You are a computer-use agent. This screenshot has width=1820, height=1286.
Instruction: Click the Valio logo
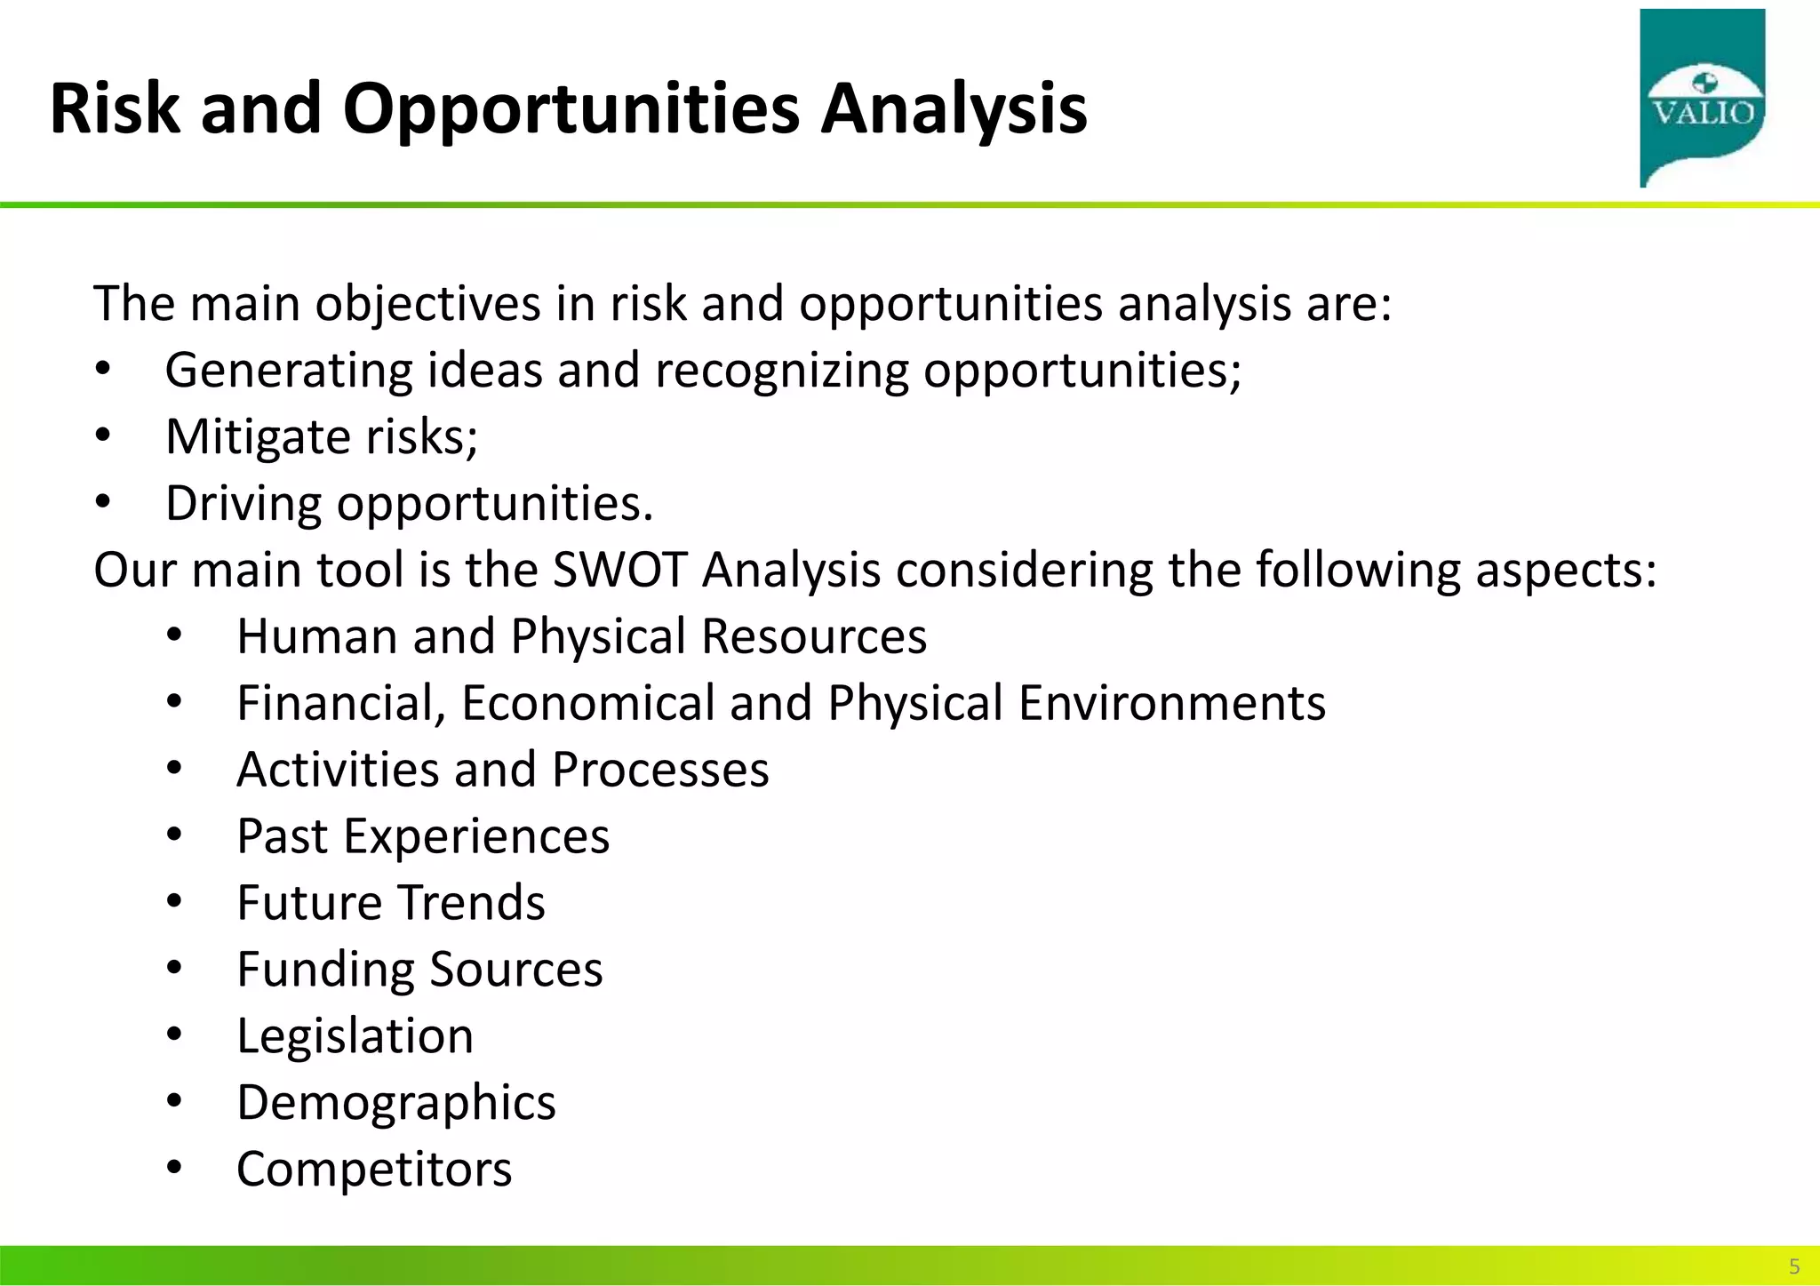pyautogui.click(x=1702, y=98)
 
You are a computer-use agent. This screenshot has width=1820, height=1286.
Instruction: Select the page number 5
pyautogui.click(x=1793, y=1266)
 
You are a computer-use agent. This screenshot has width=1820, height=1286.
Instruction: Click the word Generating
pyautogui.click(x=289, y=371)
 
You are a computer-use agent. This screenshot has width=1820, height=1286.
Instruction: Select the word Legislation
pyautogui.click(x=355, y=1036)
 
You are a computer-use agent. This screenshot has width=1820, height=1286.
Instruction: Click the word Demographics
pyautogui.click(x=396, y=1103)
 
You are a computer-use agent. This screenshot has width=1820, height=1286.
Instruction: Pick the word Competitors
pyautogui.click(x=374, y=1170)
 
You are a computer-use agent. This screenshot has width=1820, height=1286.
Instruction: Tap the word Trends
pyautogui.click(x=471, y=903)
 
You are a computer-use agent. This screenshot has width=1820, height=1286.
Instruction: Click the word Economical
pyautogui.click(x=587, y=703)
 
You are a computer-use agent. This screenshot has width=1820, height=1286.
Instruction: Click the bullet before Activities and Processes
pyautogui.click(x=174, y=768)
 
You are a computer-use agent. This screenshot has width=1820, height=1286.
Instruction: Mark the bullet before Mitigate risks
pyautogui.click(x=103, y=435)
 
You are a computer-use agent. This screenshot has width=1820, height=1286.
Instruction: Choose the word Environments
pyautogui.click(x=1171, y=703)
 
